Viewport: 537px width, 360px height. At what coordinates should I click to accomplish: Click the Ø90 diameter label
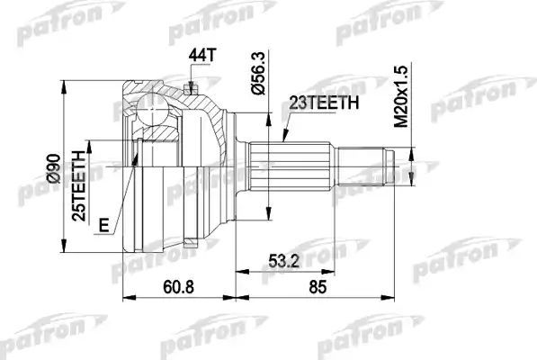point(52,168)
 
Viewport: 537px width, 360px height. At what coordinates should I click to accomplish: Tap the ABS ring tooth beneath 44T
point(191,87)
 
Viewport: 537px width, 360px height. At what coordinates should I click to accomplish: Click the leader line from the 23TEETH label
point(287,126)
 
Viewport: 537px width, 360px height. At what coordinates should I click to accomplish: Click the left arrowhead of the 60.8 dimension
point(125,294)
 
